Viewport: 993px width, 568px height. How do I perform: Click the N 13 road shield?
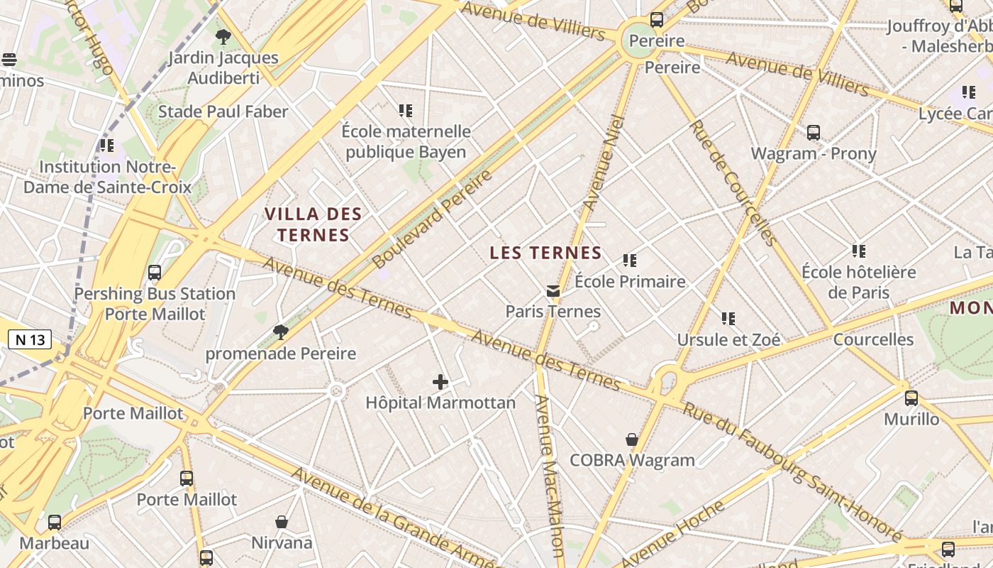coord(30,339)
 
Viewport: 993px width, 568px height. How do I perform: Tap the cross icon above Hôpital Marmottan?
coord(440,382)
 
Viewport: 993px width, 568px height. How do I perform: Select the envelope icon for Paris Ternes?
coord(553,290)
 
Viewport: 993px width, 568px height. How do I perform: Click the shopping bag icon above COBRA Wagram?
coord(632,440)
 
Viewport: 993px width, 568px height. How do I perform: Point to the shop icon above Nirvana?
coord(282,522)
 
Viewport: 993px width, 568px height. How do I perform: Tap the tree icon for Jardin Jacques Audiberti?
coord(223,36)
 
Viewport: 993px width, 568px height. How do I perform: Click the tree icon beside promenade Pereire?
coord(281,332)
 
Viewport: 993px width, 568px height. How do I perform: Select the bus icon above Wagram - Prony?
coord(814,133)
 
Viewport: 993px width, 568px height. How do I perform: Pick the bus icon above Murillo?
coord(911,398)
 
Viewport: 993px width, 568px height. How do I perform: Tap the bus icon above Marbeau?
coord(55,523)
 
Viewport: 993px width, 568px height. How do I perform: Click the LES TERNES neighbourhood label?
coord(545,253)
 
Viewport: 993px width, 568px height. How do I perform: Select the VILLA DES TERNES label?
coord(313,224)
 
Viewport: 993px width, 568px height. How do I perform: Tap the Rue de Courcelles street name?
coord(733,182)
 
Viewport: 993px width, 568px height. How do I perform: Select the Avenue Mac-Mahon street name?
coord(548,476)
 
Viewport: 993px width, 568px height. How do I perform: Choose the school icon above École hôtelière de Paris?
coord(859,251)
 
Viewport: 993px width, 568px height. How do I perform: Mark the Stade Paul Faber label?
coord(223,111)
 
